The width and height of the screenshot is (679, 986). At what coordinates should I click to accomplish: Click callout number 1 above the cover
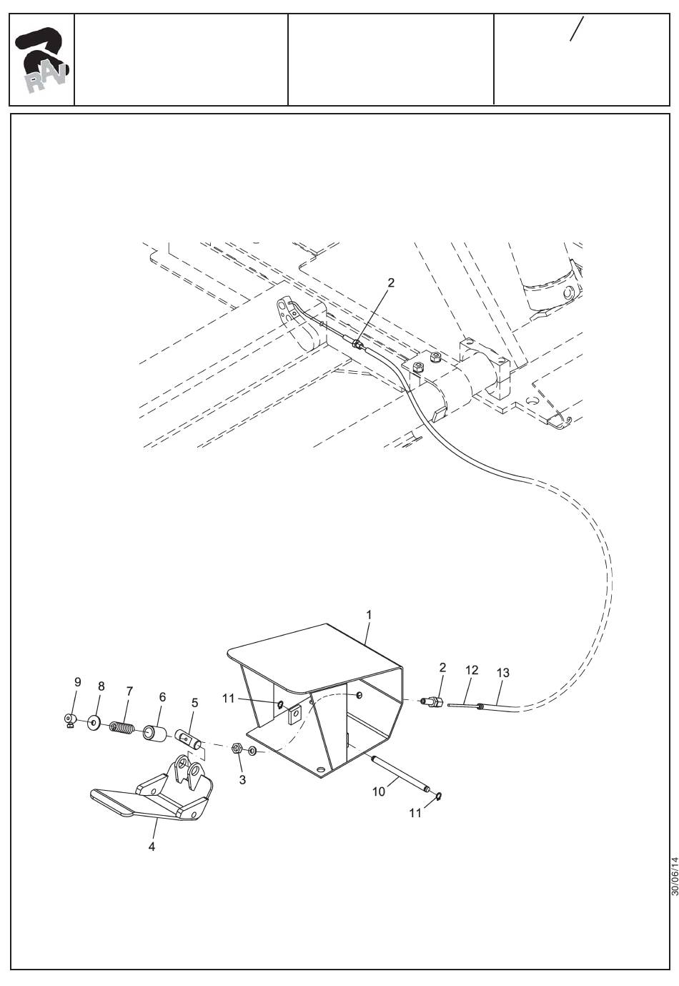[x=369, y=614]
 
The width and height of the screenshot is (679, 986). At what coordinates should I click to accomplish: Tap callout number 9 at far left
[x=78, y=682]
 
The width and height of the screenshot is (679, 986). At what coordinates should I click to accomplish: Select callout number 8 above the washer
[x=101, y=686]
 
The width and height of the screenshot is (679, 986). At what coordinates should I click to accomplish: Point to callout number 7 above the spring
[x=129, y=691]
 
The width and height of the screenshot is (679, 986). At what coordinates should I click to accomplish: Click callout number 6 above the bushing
[x=162, y=696]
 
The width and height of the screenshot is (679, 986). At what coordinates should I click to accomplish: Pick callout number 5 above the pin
[x=194, y=703]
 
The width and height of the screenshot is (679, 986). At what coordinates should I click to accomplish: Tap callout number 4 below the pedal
[x=152, y=847]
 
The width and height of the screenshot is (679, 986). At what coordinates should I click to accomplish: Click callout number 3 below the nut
[x=242, y=779]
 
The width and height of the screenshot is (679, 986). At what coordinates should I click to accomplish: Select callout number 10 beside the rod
[x=379, y=792]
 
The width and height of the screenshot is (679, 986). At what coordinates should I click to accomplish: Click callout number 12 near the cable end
[x=471, y=670]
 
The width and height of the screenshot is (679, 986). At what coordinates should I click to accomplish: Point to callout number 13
[x=502, y=673]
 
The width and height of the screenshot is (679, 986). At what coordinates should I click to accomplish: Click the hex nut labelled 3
[x=237, y=749]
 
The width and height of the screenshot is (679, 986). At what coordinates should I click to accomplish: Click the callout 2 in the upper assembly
[x=390, y=282]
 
